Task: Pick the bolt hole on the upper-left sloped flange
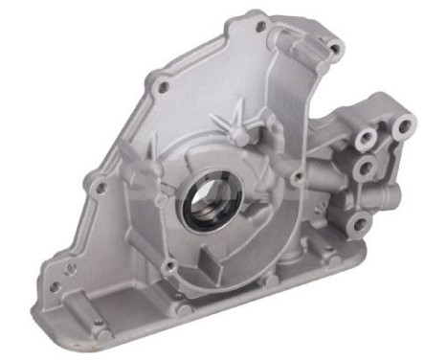pyautogui.click(x=164, y=88)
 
